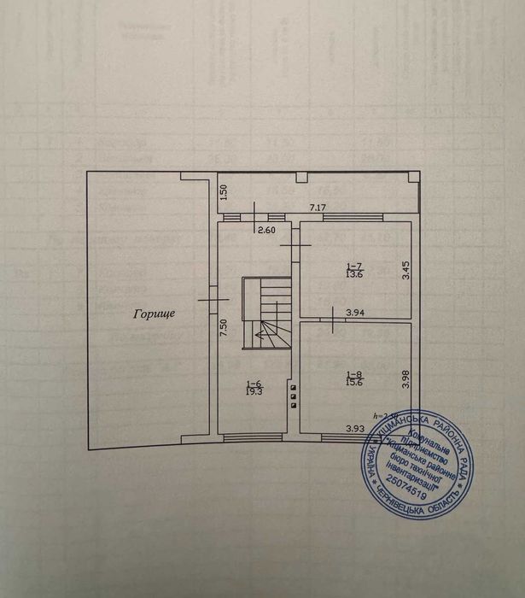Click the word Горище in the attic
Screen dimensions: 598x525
[154, 314]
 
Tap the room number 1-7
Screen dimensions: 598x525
[353, 265]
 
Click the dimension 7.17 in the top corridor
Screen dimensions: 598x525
[318, 208]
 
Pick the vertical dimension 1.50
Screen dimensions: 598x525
[224, 191]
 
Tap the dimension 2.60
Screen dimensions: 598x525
[266, 229]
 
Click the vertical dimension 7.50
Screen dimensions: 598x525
[224, 328]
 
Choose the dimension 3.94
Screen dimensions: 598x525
[357, 314]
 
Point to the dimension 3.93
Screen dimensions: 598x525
[357, 428]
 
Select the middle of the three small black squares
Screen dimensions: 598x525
[295, 396]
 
